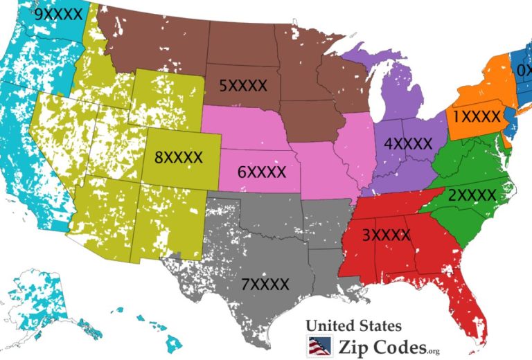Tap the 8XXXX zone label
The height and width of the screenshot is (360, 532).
tap(179, 157)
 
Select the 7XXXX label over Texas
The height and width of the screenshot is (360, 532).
tap(265, 283)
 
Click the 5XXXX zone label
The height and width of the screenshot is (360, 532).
tap(243, 85)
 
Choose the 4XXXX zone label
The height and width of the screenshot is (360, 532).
tap(407, 144)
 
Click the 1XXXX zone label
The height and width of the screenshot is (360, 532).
tap(477, 116)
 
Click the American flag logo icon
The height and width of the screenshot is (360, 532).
tap(319, 345)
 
